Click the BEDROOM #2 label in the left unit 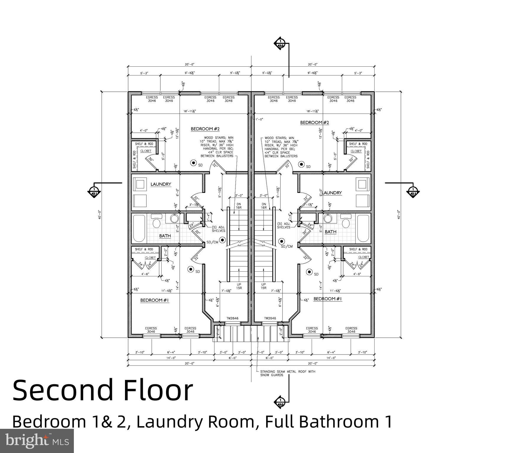[205, 129]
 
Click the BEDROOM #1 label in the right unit [328, 299]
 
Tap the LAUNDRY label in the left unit [161, 184]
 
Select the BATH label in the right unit [331, 232]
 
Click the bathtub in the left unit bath [139, 228]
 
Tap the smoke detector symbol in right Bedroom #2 [302, 164]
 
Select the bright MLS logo [37, 441]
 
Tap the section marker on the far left [94, 192]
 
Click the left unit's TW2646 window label [232, 318]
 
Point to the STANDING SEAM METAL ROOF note [287, 373]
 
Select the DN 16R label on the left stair [239, 206]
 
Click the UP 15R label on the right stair [263, 286]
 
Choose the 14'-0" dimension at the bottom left [171, 358]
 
